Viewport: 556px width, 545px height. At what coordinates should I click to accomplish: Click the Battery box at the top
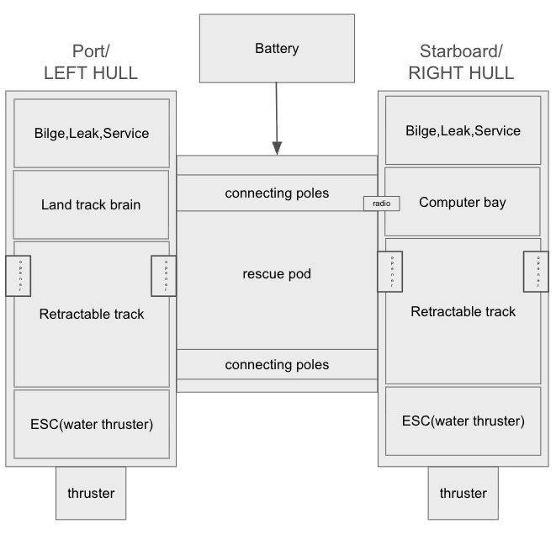[277, 48]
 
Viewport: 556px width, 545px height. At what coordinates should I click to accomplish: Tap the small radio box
[381, 204]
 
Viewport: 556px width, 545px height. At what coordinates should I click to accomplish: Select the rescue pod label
[277, 274]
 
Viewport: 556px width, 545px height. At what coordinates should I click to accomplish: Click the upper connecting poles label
[277, 193]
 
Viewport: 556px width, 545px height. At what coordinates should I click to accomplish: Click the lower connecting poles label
[277, 365]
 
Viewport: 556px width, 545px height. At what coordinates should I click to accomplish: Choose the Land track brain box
[91, 204]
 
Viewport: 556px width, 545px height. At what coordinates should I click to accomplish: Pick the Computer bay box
[463, 202]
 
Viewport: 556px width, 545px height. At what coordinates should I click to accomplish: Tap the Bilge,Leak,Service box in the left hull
[91, 133]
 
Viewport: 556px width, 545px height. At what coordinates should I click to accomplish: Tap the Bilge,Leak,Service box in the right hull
[463, 130]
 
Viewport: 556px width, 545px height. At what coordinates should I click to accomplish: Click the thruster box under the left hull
[91, 493]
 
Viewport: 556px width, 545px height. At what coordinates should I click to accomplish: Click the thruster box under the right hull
[463, 493]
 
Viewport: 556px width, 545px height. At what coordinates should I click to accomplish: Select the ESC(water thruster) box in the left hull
[91, 424]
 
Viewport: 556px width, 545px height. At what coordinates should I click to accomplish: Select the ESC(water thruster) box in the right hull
[463, 421]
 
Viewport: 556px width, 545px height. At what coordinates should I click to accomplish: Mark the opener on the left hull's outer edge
[18, 276]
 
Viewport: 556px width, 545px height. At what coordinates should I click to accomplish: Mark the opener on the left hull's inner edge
[163, 276]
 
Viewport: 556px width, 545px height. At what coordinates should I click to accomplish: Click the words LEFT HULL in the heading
[91, 73]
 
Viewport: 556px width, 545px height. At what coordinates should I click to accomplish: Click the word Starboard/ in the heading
[461, 50]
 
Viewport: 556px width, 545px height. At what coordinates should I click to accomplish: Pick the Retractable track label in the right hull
[463, 311]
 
